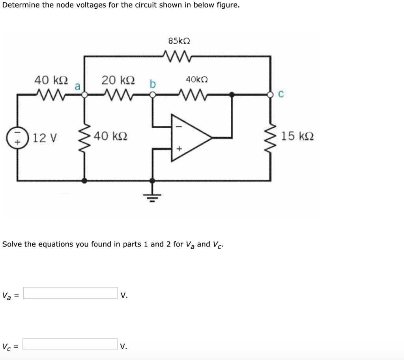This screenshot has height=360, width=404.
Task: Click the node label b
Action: click(153, 84)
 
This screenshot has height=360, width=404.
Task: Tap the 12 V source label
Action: click(45, 138)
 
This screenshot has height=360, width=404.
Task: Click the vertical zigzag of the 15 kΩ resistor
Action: click(271, 137)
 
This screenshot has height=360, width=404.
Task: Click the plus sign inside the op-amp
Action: click(178, 149)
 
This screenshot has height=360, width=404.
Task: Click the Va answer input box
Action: click(70, 293)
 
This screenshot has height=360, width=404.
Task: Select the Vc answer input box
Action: click(70, 344)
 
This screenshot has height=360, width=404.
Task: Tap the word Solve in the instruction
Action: click(12, 244)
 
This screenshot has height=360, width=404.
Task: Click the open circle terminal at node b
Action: click(153, 95)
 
